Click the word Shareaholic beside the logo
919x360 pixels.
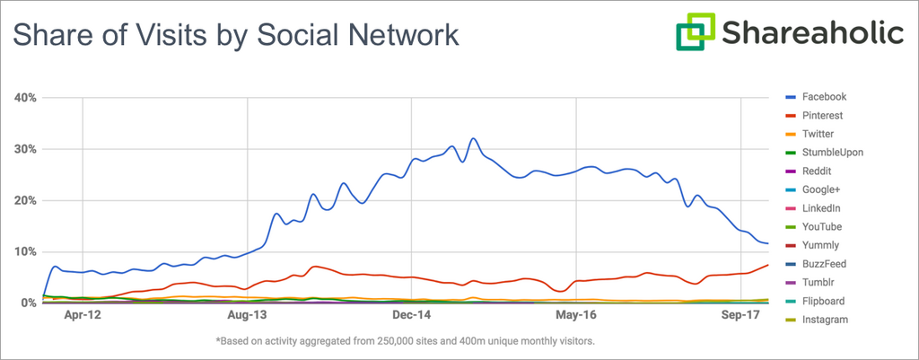pyautogui.click(x=811, y=34)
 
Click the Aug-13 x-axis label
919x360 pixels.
pyautogui.click(x=247, y=316)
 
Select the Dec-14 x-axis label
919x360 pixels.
pyautogui.click(x=412, y=316)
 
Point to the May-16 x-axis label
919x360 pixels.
pyautogui.click(x=577, y=316)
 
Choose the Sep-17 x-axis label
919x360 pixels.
pyautogui.click(x=741, y=316)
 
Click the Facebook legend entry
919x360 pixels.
pyautogui.click(x=824, y=97)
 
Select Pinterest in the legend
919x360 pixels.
pyautogui.click(x=822, y=116)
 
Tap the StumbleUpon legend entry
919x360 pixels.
pyautogui.click(x=833, y=153)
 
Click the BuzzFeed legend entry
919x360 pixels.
pyautogui.click(x=824, y=264)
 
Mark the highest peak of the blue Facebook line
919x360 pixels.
pyautogui.click(x=473, y=139)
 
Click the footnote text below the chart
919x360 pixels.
pyautogui.click(x=405, y=341)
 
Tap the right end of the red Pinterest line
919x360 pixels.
pyautogui.click(x=767, y=265)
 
